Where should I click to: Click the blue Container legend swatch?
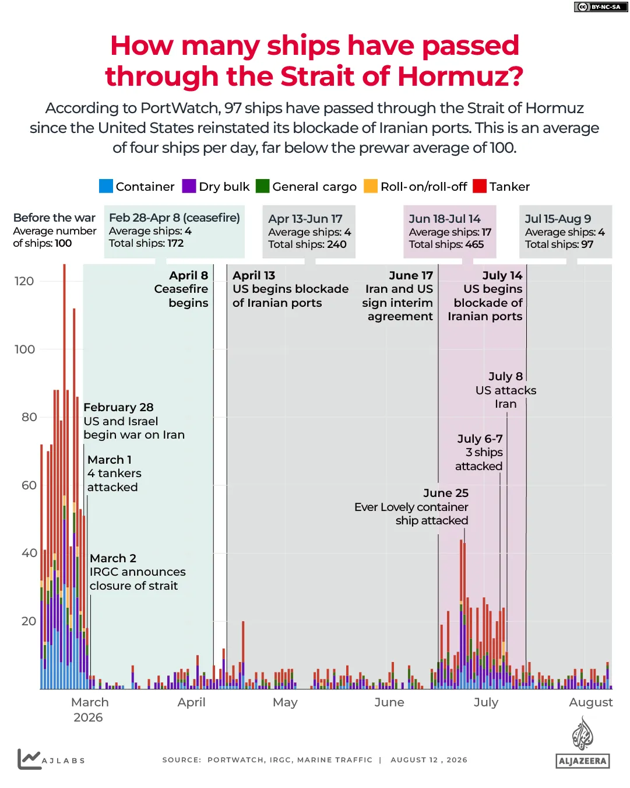pyautogui.click(x=105, y=185)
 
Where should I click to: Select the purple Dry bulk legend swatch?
pyautogui.click(x=189, y=185)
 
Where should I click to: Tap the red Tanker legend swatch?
pyautogui.click(x=479, y=185)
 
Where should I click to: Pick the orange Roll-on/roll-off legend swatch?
pyautogui.click(x=370, y=185)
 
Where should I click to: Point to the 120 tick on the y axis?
pyautogui.click(x=24, y=281)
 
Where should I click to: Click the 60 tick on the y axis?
pyautogui.click(x=29, y=485)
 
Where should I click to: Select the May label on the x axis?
pyautogui.click(x=285, y=702)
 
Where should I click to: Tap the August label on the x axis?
pyautogui.click(x=590, y=702)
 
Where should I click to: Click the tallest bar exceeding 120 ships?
pyautogui.click(x=64, y=477)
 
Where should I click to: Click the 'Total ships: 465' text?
pyautogui.click(x=446, y=244)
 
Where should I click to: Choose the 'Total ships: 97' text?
pyautogui.click(x=559, y=244)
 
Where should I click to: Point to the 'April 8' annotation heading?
pyautogui.click(x=188, y=275)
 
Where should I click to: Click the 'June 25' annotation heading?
pyautogui.click(x=446, y=493)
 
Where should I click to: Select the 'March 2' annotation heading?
pyautogui.click(x=113, y=558)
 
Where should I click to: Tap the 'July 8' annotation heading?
pyautogui.click(x=506, y=376)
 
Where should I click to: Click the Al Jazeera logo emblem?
pyautogui.click(x=582, y=733)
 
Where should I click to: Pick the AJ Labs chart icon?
pyautogui.click(x=29, y=759)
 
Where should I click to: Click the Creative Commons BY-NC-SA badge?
pyautogui.click(x=601, y=7)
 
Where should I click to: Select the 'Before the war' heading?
pyautogui.click(x=54, y=218)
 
